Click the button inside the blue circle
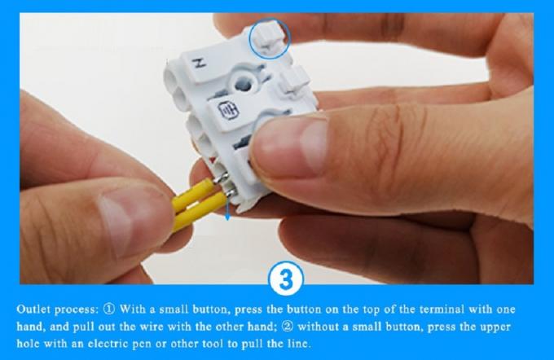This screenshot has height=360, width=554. [x=268, y=40]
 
